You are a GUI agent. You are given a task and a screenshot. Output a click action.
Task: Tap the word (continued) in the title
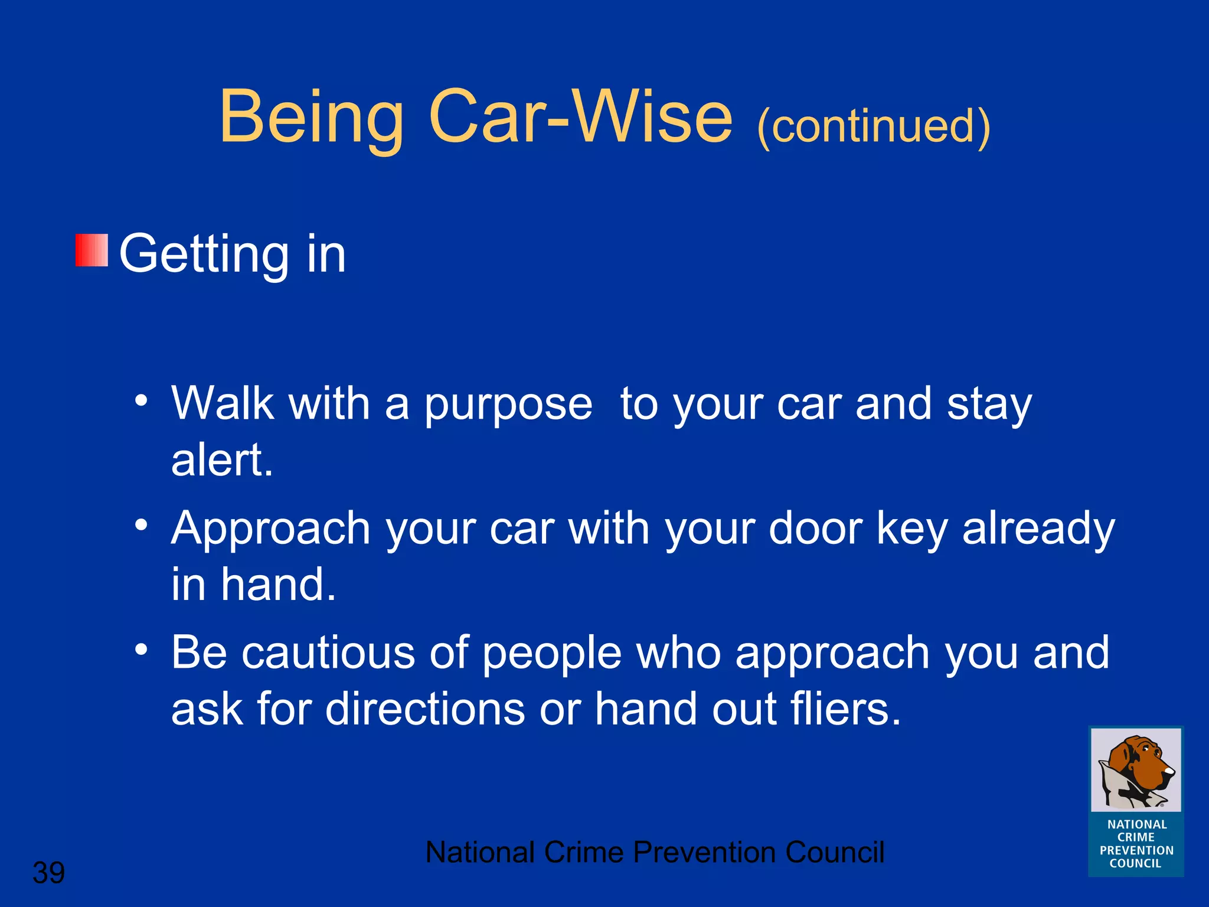point(873,126)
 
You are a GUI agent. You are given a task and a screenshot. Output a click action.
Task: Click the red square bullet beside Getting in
point(92,250)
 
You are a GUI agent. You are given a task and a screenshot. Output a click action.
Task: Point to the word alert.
point(222,460)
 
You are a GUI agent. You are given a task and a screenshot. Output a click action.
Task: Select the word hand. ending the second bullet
point(278,585)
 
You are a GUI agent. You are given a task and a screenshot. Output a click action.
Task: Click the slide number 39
point(48,873)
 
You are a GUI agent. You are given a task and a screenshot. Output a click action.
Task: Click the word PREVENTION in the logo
point(1136,850)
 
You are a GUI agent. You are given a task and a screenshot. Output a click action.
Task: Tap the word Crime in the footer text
point(583,852)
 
